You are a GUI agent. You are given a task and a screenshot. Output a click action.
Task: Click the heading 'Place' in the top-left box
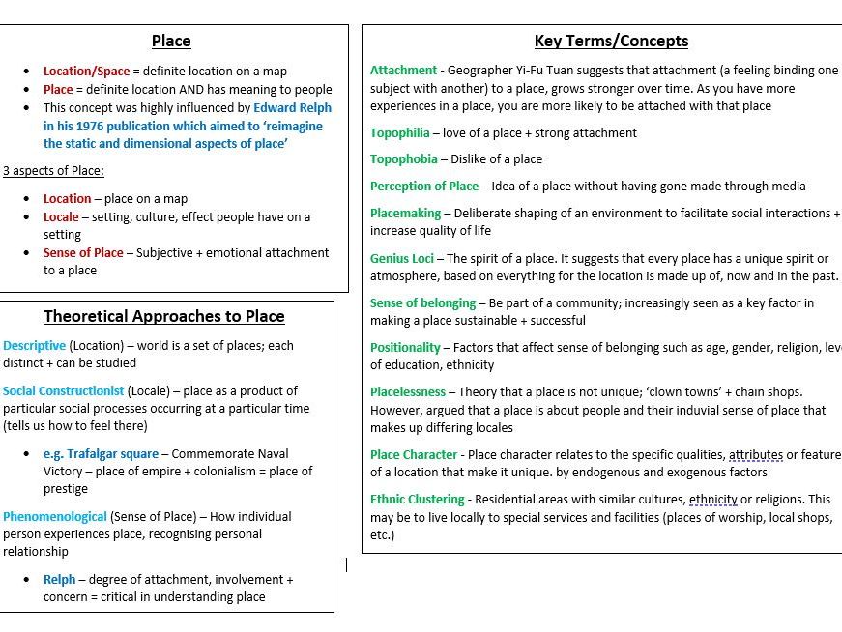pos(171,41)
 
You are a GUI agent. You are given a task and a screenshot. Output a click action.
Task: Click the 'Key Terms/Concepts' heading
pos(611,41)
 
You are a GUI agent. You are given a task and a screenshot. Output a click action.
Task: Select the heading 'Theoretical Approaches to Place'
pos(164,316)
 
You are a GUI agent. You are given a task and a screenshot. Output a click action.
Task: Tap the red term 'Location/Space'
pos(86,71)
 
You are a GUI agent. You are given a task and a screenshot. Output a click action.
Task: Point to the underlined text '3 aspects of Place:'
pos(53,171)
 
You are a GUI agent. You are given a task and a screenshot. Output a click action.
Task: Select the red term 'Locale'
pos(61,216)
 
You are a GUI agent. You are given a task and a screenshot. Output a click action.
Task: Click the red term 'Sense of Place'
pos(83,252)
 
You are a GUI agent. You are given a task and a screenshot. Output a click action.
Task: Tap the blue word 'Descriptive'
pos(35,345)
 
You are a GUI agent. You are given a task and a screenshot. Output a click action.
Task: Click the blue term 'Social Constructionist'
pos(64,390)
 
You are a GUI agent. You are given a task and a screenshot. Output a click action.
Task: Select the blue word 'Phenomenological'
pos(55,516)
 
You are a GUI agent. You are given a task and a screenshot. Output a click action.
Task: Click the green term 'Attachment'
pos(403,71)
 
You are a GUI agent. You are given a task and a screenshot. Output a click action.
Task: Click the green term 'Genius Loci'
pos(400,258)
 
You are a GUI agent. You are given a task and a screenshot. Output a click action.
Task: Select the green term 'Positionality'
pos(405,347)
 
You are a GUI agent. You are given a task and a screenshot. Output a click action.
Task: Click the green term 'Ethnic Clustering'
pos(417,499)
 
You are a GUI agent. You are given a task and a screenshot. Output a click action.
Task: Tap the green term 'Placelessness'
pos(408,392)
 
